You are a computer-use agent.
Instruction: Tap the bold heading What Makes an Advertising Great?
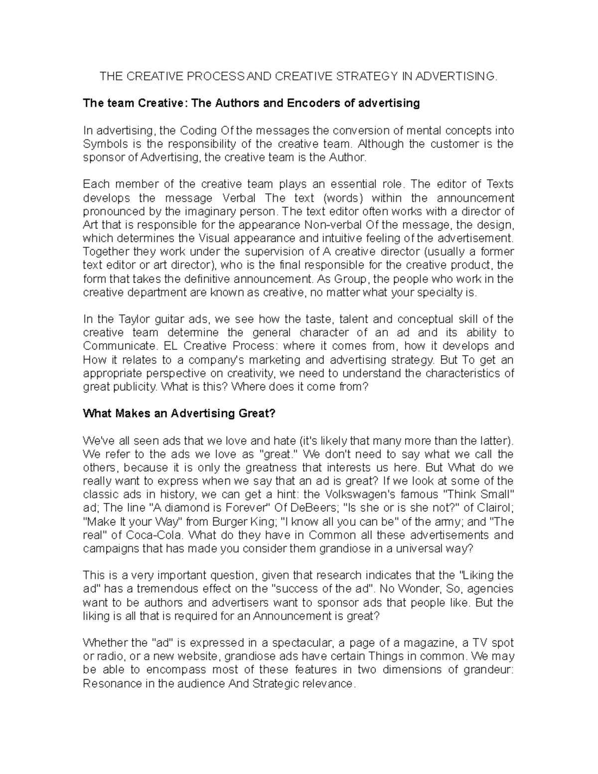point(179,414)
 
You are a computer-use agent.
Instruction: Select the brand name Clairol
point(492,508)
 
